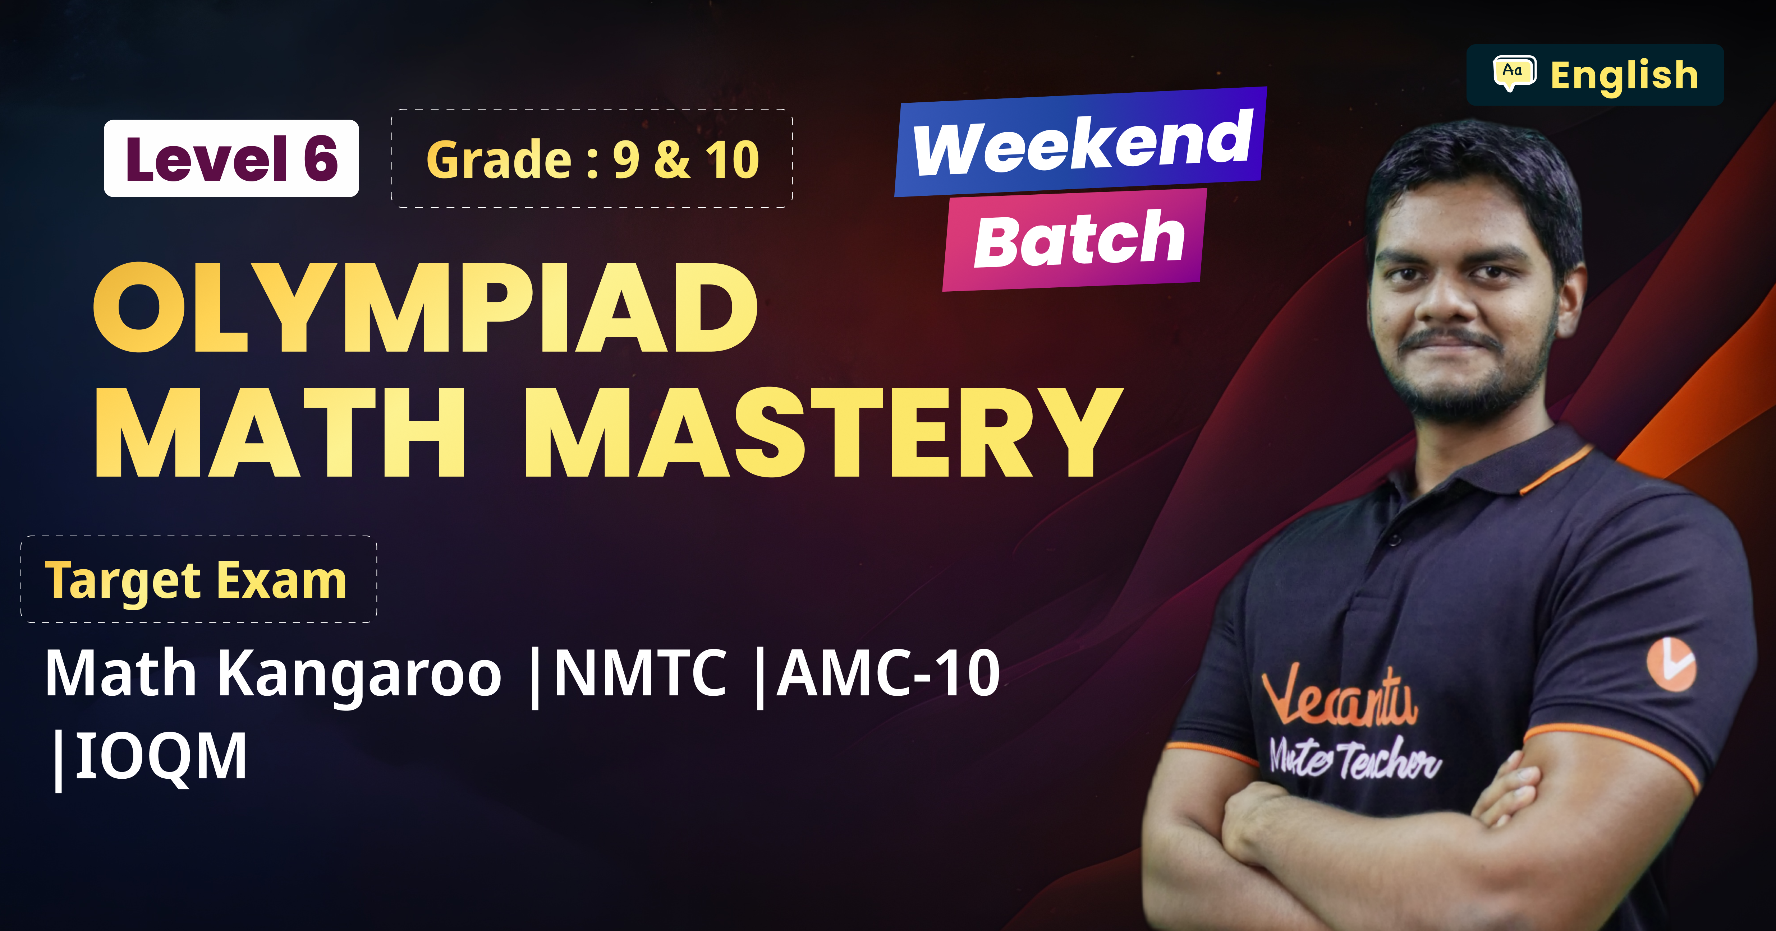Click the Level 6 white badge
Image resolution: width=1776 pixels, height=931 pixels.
click(x=231, y=158)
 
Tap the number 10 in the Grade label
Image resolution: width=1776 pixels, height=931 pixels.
click(x=732, y=160)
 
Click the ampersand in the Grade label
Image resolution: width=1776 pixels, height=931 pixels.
click(x=672, y=160)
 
